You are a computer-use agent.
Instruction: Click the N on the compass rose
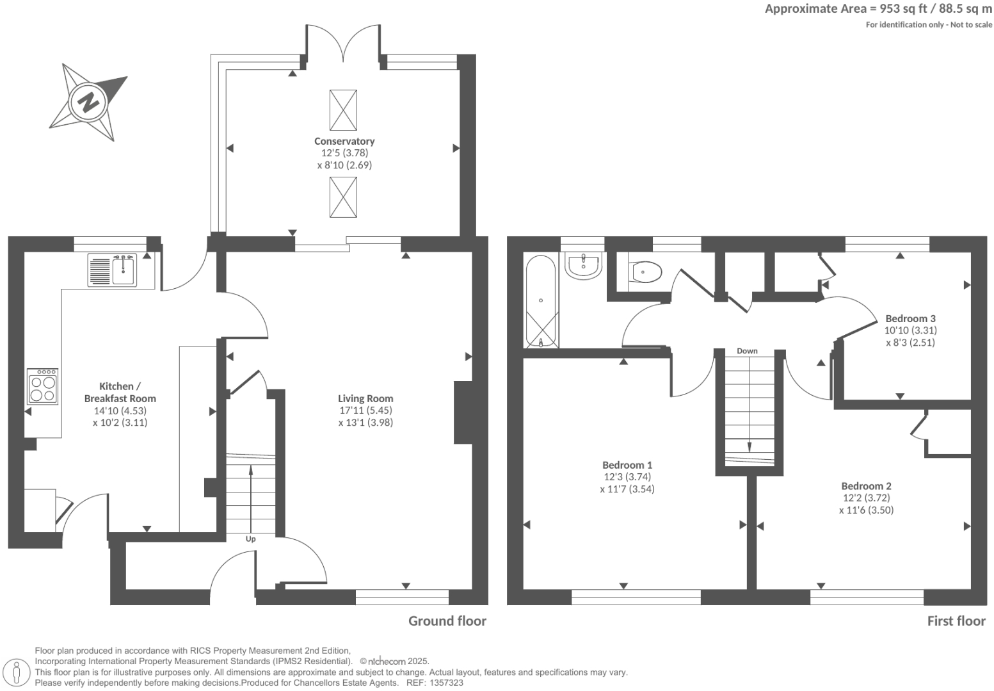pyautogui.click(x=88, y=102)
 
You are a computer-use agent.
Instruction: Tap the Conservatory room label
pyautogui.click(x=344, y=141)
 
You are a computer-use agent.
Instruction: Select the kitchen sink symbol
pyautogui.click(x=124, y=269)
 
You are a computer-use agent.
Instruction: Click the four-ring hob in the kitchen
pyautogui.click(x=42, y=386)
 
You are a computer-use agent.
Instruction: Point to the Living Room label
pyautogui.click(x=365, y=398)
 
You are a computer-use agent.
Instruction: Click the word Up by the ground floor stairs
pyautogui.click(x=251, y=539)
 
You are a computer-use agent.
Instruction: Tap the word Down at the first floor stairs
pyautogui.click(x=747, y=351)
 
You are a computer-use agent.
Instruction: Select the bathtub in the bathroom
pyautogui.click(x=541, y=302)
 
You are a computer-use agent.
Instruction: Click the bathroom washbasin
pyautogui.click(x=584, y=266)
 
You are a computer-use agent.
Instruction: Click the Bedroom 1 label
pyautogui.click(x=627, y=465)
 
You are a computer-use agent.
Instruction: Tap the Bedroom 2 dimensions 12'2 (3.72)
pyautogui.click(x=866, y=498)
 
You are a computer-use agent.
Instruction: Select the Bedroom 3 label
pyautogui.click(x=910, y=318)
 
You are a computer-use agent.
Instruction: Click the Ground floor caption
pyautogui.click(x=447, y=621)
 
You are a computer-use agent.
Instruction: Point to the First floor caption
pyautogui.click(x=956, y=621)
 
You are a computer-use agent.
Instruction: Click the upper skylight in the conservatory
pyautogui.click(x=343, y=110)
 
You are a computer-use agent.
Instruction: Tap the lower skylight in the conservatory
pyautogui.click(x=343, y=197)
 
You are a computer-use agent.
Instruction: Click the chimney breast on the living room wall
pyautogui.click(x=463, y=412)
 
